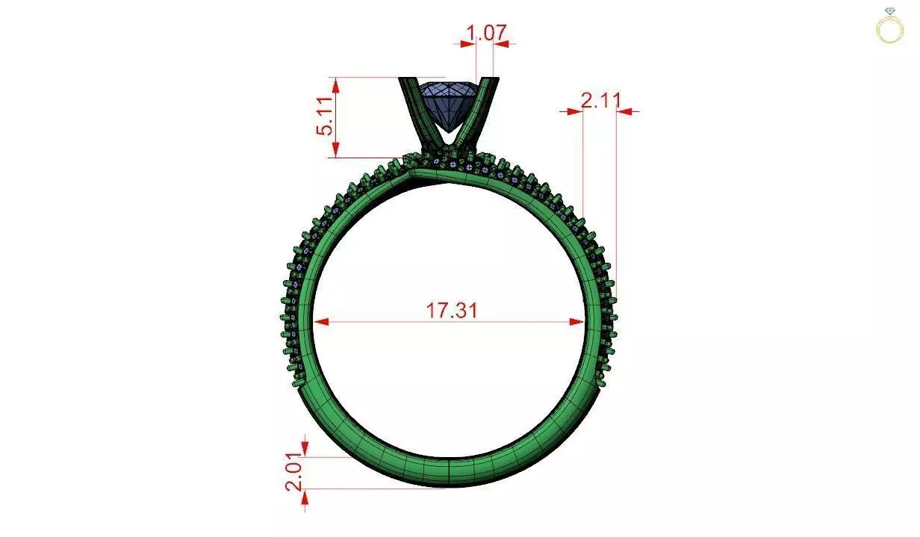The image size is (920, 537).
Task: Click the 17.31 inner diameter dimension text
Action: point(451,310)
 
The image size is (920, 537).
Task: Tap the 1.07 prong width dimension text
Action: point(486,33)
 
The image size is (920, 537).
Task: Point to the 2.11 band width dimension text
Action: point(600,100)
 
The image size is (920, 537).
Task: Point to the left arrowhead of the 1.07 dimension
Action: point(467,44)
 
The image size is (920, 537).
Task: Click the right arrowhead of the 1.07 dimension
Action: point(502,44)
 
